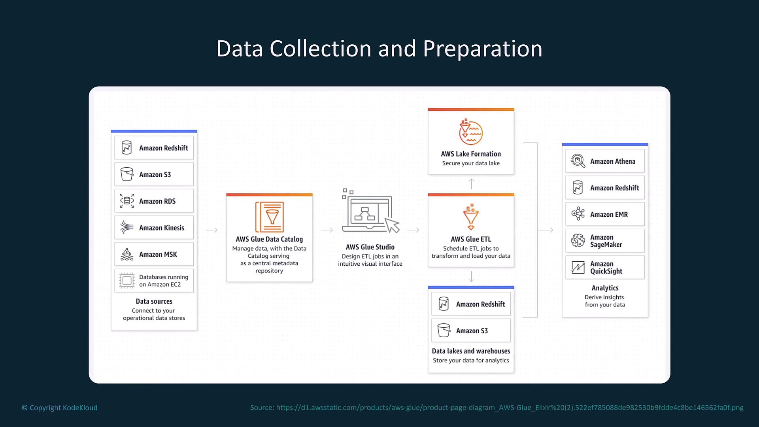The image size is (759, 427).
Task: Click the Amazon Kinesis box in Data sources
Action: tap(154, 227)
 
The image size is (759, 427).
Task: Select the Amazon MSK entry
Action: tap(154, 254)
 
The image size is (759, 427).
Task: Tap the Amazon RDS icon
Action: tap(127, 201)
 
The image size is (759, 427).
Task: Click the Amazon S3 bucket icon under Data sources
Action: tap(127, 174)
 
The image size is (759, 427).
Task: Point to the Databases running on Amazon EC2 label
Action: tap(164, 281)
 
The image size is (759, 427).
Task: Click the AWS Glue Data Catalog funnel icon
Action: tap(270, 217)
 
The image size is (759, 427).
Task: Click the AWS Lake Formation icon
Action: tap(471, 132)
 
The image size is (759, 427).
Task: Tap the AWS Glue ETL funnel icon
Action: tap(471, 217)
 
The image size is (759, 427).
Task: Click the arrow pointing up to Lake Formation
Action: tap(471, 184)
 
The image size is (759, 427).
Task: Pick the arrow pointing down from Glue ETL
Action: tap(471, 276)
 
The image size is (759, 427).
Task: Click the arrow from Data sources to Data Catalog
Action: tap(212, 230)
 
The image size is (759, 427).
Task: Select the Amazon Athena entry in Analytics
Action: tap(605, 161)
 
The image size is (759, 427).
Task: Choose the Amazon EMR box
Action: tap(605, 214)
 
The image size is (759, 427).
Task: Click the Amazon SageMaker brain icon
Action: tap(578, 240)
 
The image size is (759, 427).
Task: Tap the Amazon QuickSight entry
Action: tap(605, 267)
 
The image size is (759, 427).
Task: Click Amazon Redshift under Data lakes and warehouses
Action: tap(471, 304)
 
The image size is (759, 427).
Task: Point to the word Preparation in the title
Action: tap(482, 49)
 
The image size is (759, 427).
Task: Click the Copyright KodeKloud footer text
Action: tap(60, 408)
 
